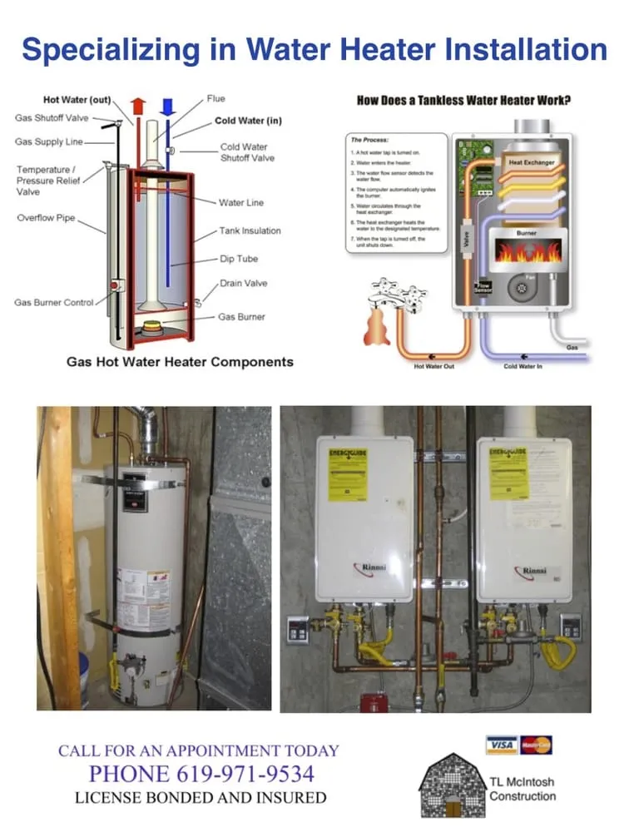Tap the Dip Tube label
pos(238,259)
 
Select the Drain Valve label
pos(244,283)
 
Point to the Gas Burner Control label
pos(54,302)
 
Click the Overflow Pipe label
pos(46,218)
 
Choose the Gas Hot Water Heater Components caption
pos(180,362)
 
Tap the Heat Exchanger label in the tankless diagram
pos(532,163)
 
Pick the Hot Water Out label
pos(434,366)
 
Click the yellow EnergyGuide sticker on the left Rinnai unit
pos(348,476)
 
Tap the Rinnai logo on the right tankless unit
pos(529,571)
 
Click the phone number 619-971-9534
pos(246,774)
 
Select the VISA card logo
pos(501,745)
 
